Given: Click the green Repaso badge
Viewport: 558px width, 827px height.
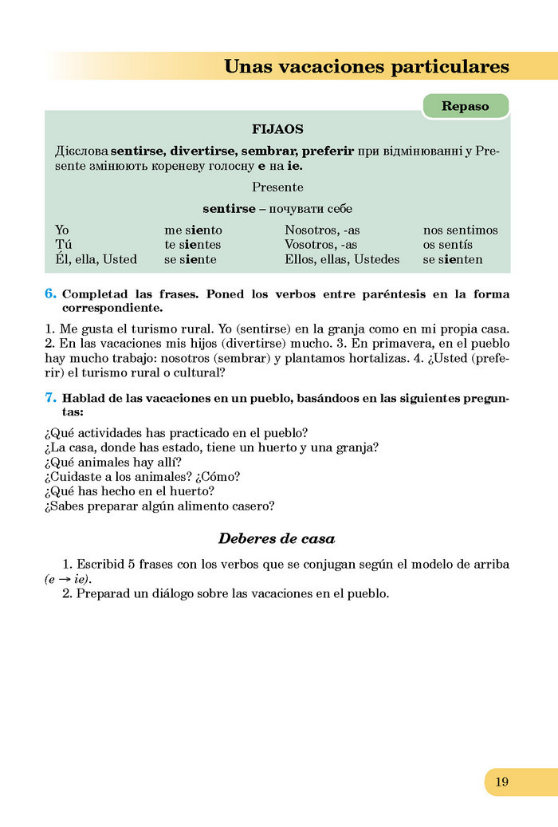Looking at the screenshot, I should [x=465, y=106].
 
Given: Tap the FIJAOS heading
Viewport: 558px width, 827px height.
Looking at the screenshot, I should [x=277, y=128].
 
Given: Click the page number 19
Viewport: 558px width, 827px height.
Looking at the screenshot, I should [x=501, y=782].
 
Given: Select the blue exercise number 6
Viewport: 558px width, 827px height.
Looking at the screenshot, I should [x=50, y=294].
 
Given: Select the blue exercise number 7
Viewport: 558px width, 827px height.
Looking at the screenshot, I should [x=50, y=397].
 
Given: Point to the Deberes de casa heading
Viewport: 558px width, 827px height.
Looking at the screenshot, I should [x=277, y=538].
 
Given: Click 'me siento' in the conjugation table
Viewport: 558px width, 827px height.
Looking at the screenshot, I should [x=193, y=230].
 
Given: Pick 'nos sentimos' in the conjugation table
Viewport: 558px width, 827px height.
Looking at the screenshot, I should [x=460, y=230].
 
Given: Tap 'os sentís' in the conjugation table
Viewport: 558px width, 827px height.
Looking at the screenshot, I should [x=447, y=245].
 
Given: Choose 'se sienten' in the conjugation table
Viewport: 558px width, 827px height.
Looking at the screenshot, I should [x=453, y=259].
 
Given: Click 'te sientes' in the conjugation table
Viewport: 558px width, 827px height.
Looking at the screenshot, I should [x=192, y=245].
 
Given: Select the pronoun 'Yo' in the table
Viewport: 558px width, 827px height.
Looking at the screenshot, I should [x=62, y=230].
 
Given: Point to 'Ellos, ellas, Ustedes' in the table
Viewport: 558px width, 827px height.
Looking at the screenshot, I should [x=342, y=259].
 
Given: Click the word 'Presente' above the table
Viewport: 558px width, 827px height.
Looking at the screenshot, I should [x=277, y=187].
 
